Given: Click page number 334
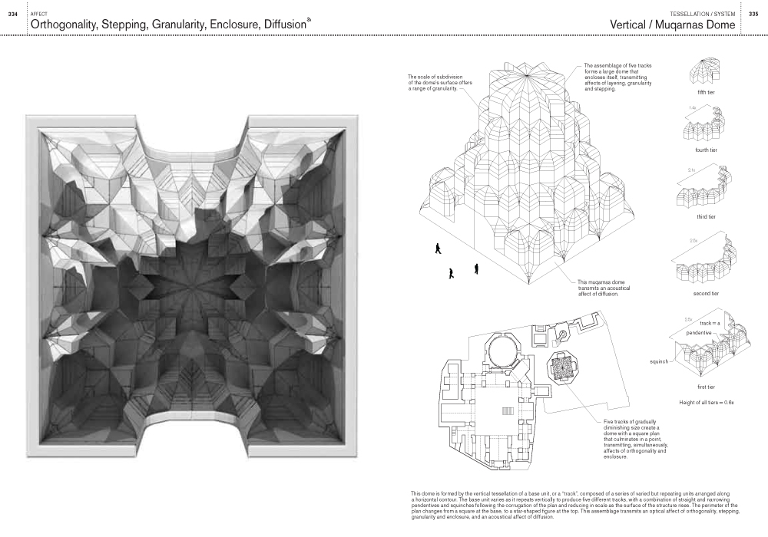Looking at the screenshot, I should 12,15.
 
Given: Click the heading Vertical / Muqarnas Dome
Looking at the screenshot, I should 672,25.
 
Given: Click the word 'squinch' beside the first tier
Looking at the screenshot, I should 659,360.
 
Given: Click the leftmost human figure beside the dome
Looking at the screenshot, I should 438,248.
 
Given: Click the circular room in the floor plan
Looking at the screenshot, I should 503,354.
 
